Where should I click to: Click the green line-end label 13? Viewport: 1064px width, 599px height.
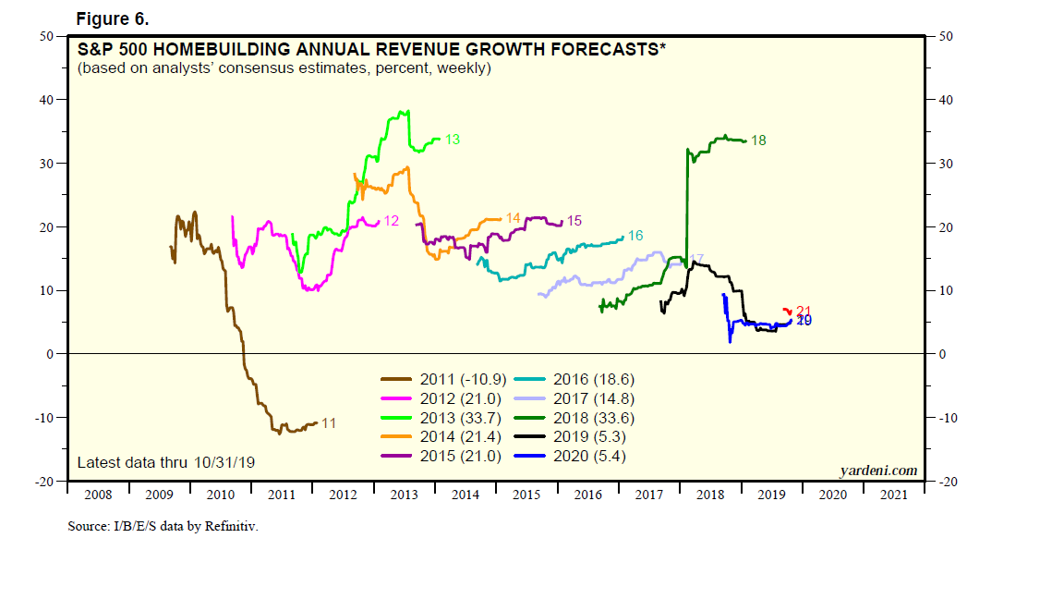[x=453, y=140]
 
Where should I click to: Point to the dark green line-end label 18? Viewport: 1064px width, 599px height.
[x=758, y=141]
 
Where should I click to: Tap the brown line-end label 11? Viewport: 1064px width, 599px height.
[x=328, y=423]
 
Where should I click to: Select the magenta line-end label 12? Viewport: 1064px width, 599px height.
[x=391, y=221]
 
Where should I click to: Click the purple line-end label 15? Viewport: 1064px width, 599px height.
[x=574, y=221]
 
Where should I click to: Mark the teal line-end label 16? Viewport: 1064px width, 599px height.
[x=635, y=236]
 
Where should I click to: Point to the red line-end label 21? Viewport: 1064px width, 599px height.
[x=803, y=312]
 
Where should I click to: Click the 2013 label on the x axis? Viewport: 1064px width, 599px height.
[x=405, y=495]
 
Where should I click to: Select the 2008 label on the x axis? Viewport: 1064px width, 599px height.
[x=98, y=495]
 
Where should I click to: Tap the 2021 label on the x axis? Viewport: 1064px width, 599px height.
[x=894, y=495]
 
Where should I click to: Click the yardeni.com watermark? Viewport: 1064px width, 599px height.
[x=878, y=471]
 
